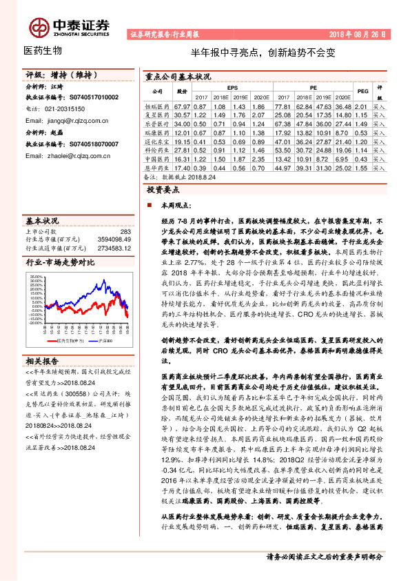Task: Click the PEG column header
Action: pyautogui.click(x=362, y=90)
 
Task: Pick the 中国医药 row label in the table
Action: pyautogui.click(x=157, y=159)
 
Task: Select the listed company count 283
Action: pyautogui.click(x=124, y=231)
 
